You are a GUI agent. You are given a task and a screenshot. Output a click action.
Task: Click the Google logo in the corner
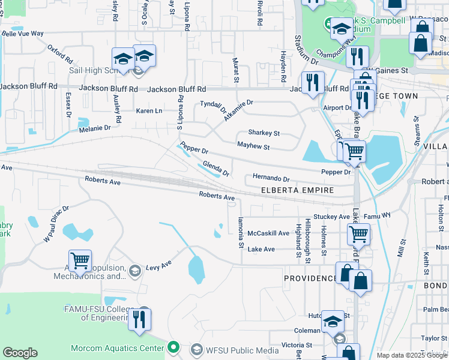click(x=20, y=353)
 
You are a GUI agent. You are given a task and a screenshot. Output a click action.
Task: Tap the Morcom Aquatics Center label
click(x=117, y=348)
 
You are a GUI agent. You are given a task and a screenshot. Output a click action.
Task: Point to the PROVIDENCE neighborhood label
click(x=310, y=278)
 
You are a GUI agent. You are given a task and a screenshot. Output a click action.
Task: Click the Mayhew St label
click(x=253, y=146)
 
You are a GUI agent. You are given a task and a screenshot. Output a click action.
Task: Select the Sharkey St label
click(x=264, y=133)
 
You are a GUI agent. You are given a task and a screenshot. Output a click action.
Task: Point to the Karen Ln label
click(x=149, y=111)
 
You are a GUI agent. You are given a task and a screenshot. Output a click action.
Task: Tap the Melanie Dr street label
click(x=95, y=128)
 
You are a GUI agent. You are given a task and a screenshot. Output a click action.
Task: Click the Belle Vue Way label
click(x=23, y=34)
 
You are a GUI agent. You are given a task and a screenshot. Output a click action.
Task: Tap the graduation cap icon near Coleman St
click(x=333, y=322)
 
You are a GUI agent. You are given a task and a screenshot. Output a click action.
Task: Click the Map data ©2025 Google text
click(x=412, y=355)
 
